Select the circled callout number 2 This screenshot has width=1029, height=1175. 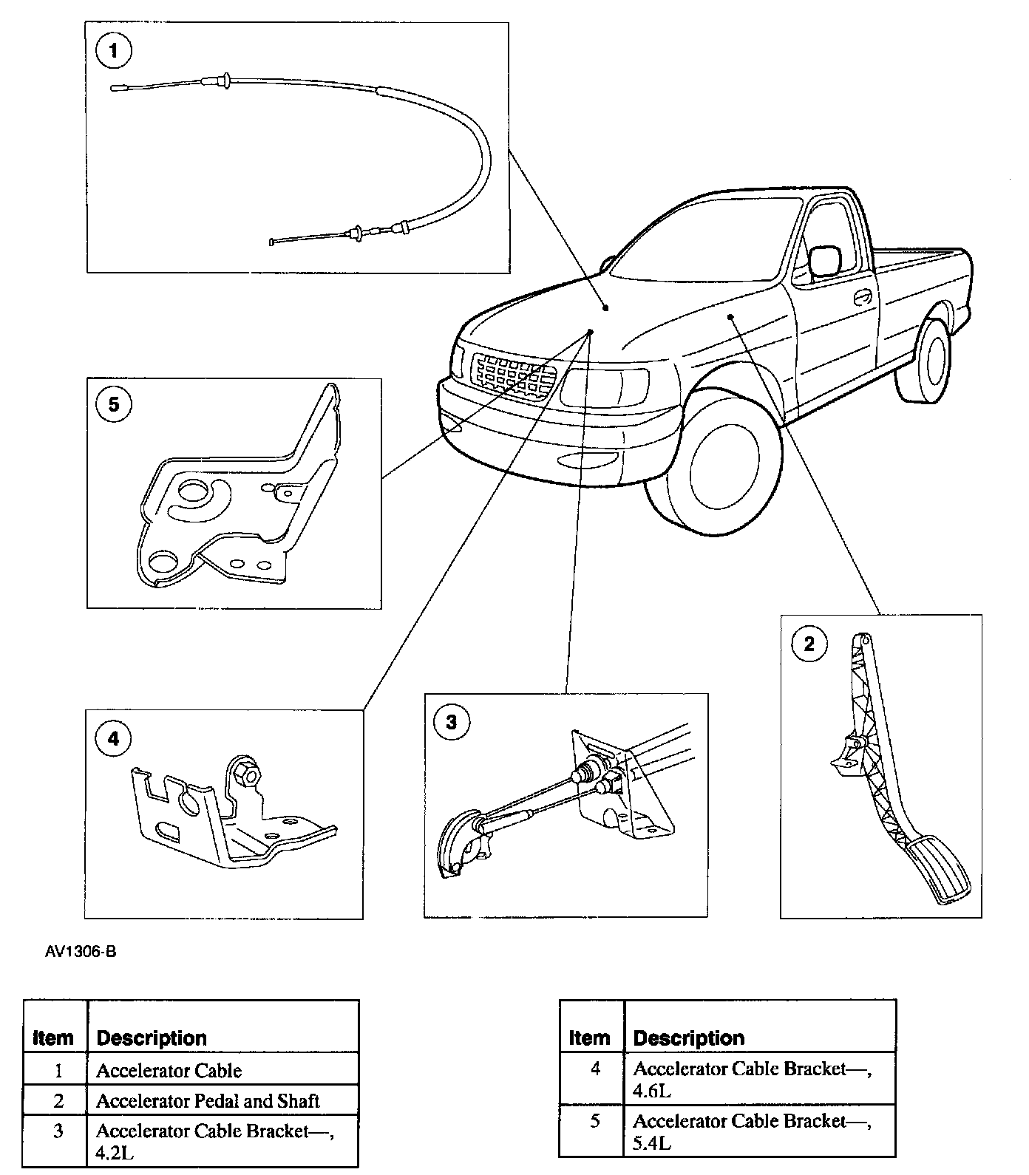[x=809, y=644]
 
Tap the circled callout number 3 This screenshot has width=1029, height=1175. [x=451, y=722]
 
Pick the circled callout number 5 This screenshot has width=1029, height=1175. [x=113, y=404]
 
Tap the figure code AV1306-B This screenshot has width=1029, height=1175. [x=81, y=952]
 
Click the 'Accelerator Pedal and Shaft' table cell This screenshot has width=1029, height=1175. [x=208, y=1101]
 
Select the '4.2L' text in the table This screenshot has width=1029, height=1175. [x=115, y=1153]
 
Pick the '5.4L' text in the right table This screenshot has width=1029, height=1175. [x=652, y=1143]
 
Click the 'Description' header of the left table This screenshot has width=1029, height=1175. [x=152, y=1038]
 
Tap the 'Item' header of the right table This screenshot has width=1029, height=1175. [x=589, y=1038]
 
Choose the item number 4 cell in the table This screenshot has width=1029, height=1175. [x=595, y=1069]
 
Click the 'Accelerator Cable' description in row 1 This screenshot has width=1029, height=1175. [x=169, y=1071]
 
